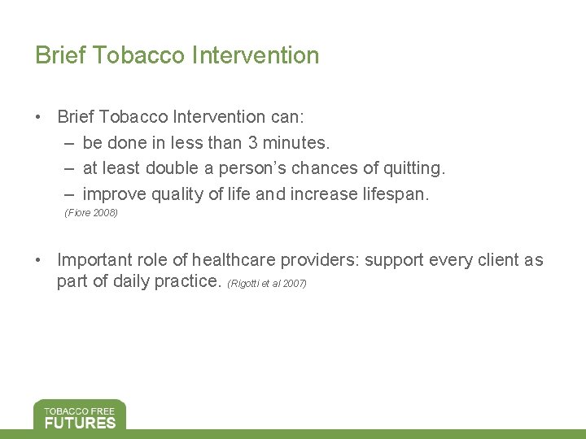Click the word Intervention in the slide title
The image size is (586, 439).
[x=256, y=55]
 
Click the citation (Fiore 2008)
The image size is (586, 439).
[x=91, y=213]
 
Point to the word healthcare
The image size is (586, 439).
[x=235, y=260]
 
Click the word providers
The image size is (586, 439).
[x=320, y=260]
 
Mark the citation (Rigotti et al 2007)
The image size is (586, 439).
[x=268, y=284]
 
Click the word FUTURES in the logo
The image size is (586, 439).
[x=80, y=422]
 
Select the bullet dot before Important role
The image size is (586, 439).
[x=39, y=261]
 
